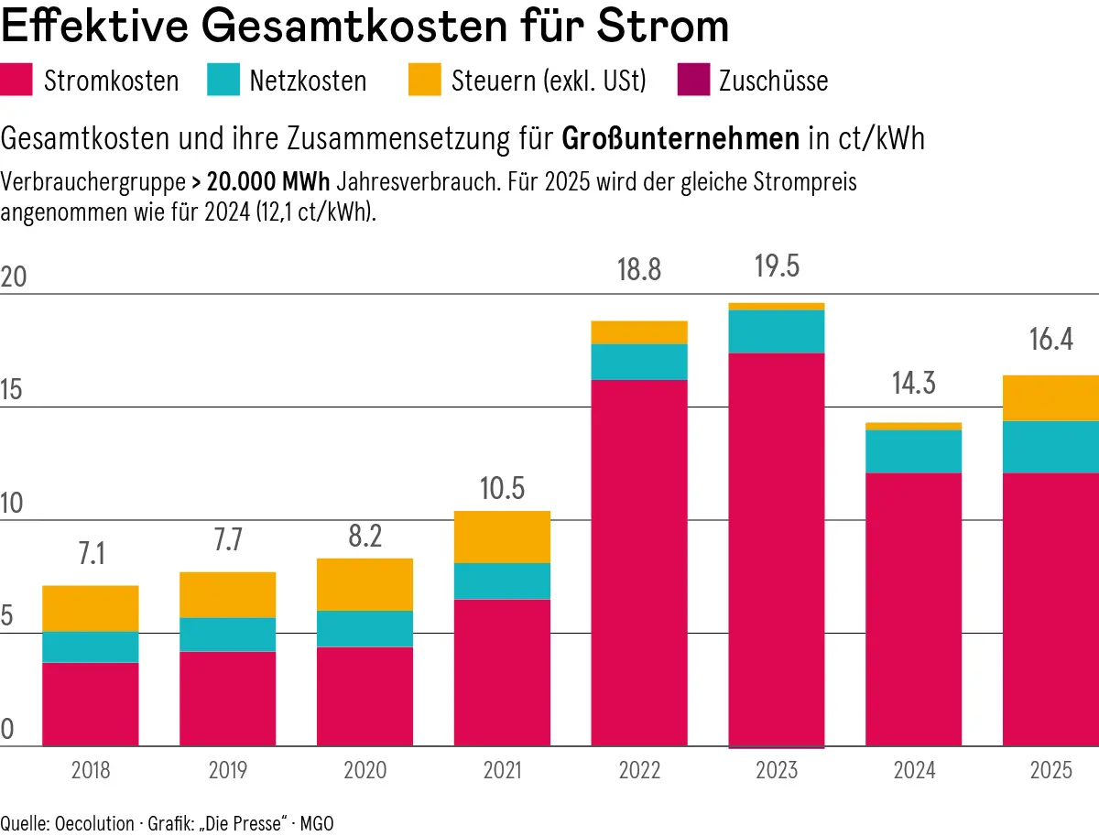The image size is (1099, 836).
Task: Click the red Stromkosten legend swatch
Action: tap(17, 80)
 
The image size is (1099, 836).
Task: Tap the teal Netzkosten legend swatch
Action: tap(223, 80)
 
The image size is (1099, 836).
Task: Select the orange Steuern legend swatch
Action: tap(425, 80)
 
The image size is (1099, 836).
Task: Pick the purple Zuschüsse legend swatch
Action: tap(693, 80)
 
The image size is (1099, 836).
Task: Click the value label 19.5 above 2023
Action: tap(776, 266)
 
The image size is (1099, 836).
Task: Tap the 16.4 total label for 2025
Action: tap(1050, 342)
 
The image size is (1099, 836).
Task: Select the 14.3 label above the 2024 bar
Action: tap(913, 384)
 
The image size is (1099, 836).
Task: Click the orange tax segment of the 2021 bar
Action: tap(502, 537)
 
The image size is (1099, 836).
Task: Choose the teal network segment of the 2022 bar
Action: tap(639, 362)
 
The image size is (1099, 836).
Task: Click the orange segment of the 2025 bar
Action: tap(1050, 398)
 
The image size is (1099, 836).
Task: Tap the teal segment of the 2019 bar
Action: tap(227, 634)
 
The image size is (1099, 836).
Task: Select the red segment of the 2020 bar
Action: tap(365, 696)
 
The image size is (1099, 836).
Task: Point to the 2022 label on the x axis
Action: tap(639, 771)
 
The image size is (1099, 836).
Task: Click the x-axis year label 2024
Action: tap(913, 771)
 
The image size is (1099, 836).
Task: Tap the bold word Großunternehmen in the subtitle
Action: tap(680, 140)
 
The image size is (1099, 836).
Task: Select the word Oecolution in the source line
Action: tap(94, 822)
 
